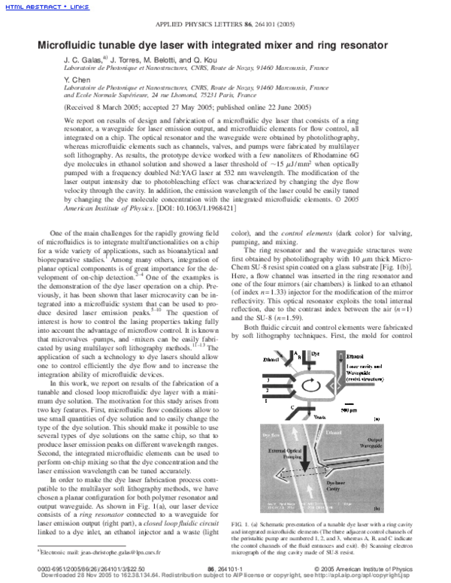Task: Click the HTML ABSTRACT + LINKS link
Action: pyautogui.click(x=44, y=7)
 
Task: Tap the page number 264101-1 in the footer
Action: pyautogui.click(x=225, y=570)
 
